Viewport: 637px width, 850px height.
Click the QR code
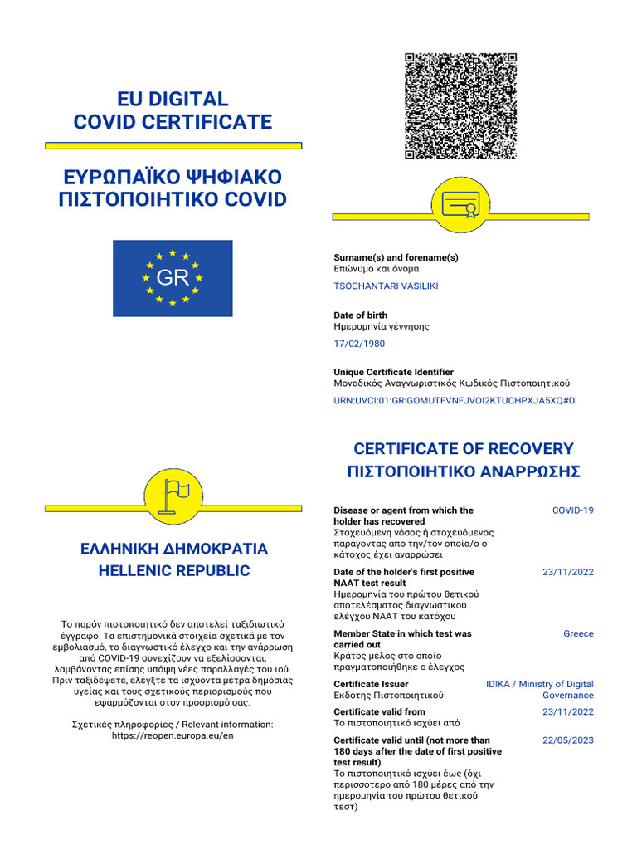(x=460, y=106)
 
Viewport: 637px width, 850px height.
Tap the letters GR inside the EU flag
(x=173, y=278)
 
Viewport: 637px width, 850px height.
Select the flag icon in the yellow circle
(x=173, y=495)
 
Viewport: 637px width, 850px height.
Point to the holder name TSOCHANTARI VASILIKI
(x=386, y=286)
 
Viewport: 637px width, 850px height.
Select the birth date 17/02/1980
(x=359, y=344)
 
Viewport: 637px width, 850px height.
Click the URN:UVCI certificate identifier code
(x=454, y=401)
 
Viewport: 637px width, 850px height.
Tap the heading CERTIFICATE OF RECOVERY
(x=463, y=449)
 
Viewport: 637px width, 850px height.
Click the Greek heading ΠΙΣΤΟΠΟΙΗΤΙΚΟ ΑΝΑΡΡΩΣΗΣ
(x=463, y=472)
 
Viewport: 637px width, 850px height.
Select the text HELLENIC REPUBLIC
(x=173, y=571)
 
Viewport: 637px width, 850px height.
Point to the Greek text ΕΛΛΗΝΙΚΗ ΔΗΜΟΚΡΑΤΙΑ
(x=173, y=549)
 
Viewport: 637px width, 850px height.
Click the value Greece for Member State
(x=578, y=633)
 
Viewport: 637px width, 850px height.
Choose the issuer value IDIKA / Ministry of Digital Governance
(x=540, y=690)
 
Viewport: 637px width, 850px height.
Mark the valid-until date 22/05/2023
(x=568, y=740)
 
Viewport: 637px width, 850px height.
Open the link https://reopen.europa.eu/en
(x=173, y=736)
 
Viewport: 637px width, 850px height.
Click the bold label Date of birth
(x=360, y=315)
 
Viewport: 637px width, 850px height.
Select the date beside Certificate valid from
(x=568, y=712)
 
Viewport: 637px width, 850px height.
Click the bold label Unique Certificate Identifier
(x=393, y=372)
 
